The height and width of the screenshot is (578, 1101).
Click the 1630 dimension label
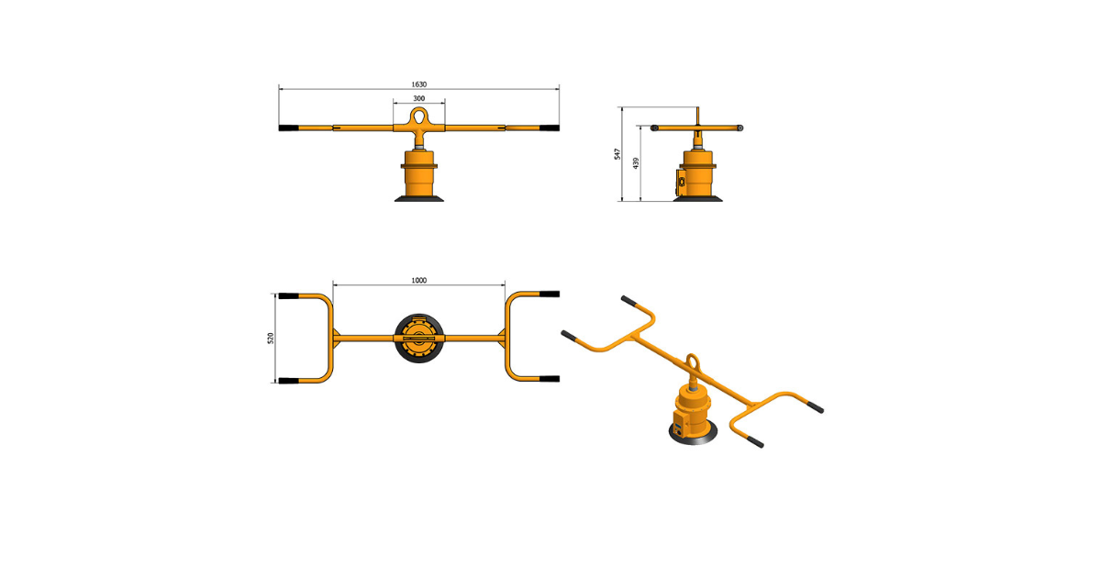point(418,84)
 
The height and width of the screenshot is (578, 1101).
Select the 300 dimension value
point(418,98)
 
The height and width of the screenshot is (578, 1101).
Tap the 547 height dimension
point(617,154)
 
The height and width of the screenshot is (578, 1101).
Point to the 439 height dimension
point(636,163)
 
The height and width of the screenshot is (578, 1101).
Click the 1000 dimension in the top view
point(418,280)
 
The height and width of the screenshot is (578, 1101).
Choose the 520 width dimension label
point(271,339)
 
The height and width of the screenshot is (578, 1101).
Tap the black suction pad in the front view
point(418,198)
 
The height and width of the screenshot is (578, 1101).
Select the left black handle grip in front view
point(288,128)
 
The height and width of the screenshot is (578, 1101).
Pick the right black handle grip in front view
point(550,128)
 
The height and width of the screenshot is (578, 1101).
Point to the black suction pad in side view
point(698,198)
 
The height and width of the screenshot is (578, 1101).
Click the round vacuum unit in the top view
point(418,339)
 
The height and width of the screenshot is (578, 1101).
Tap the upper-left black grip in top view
point(288,295)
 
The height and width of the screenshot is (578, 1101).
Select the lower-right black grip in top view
point(550,379)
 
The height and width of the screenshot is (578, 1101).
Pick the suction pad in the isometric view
point(693,435)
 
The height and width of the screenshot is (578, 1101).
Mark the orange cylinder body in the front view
point(418,173)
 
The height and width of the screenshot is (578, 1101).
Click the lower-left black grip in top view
point(288,381)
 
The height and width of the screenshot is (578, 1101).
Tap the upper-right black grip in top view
point(550,294)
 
